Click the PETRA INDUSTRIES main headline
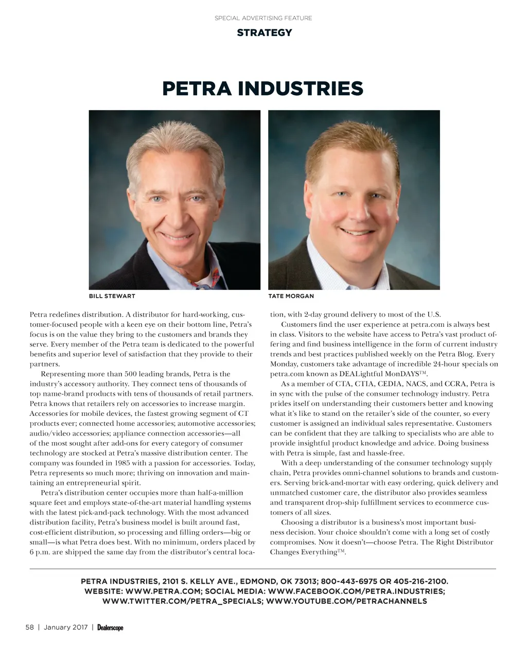(262, 89)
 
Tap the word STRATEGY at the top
(264, 33)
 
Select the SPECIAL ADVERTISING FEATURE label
(263, 18)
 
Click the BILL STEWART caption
(112, 296)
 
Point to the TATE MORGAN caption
(291, 296)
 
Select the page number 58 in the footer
(29, 627)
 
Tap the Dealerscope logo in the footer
(110, 627)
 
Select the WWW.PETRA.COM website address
(158, 591)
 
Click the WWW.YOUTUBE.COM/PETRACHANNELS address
(347, 601)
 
